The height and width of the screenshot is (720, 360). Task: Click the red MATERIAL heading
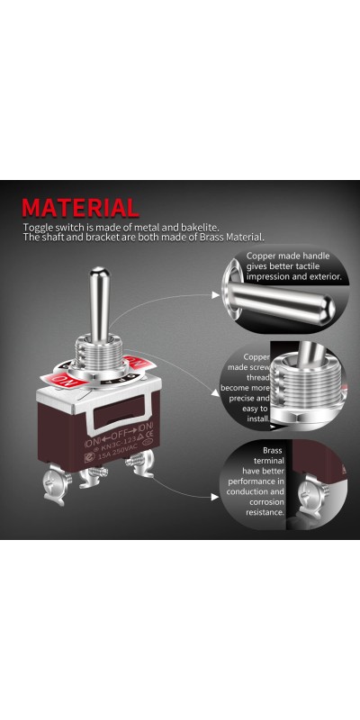click(x=80, y=208)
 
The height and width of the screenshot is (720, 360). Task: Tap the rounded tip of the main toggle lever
click(x=100, y=274)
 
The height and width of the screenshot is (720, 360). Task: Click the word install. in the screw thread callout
click(x=258, y=418)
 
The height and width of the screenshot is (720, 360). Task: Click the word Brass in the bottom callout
click(x=273, y=451)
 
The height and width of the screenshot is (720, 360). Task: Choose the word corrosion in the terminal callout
click(x=266, y=502)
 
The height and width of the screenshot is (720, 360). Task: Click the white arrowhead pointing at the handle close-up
click(x=215, y=295)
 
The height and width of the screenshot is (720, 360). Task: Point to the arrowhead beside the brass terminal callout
click(x=215, y=497)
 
